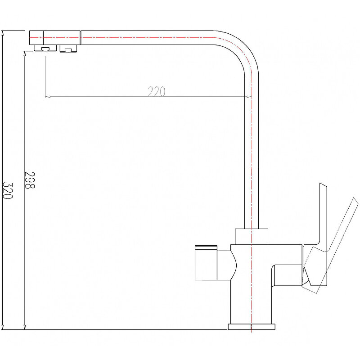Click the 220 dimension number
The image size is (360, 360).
click(156, 91)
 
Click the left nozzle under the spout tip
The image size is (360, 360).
click(45, 49)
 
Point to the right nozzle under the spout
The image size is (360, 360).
click(68, 49)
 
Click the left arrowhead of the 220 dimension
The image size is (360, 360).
click(48, 96)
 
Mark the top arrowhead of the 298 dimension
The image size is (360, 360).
click(24, 53)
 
